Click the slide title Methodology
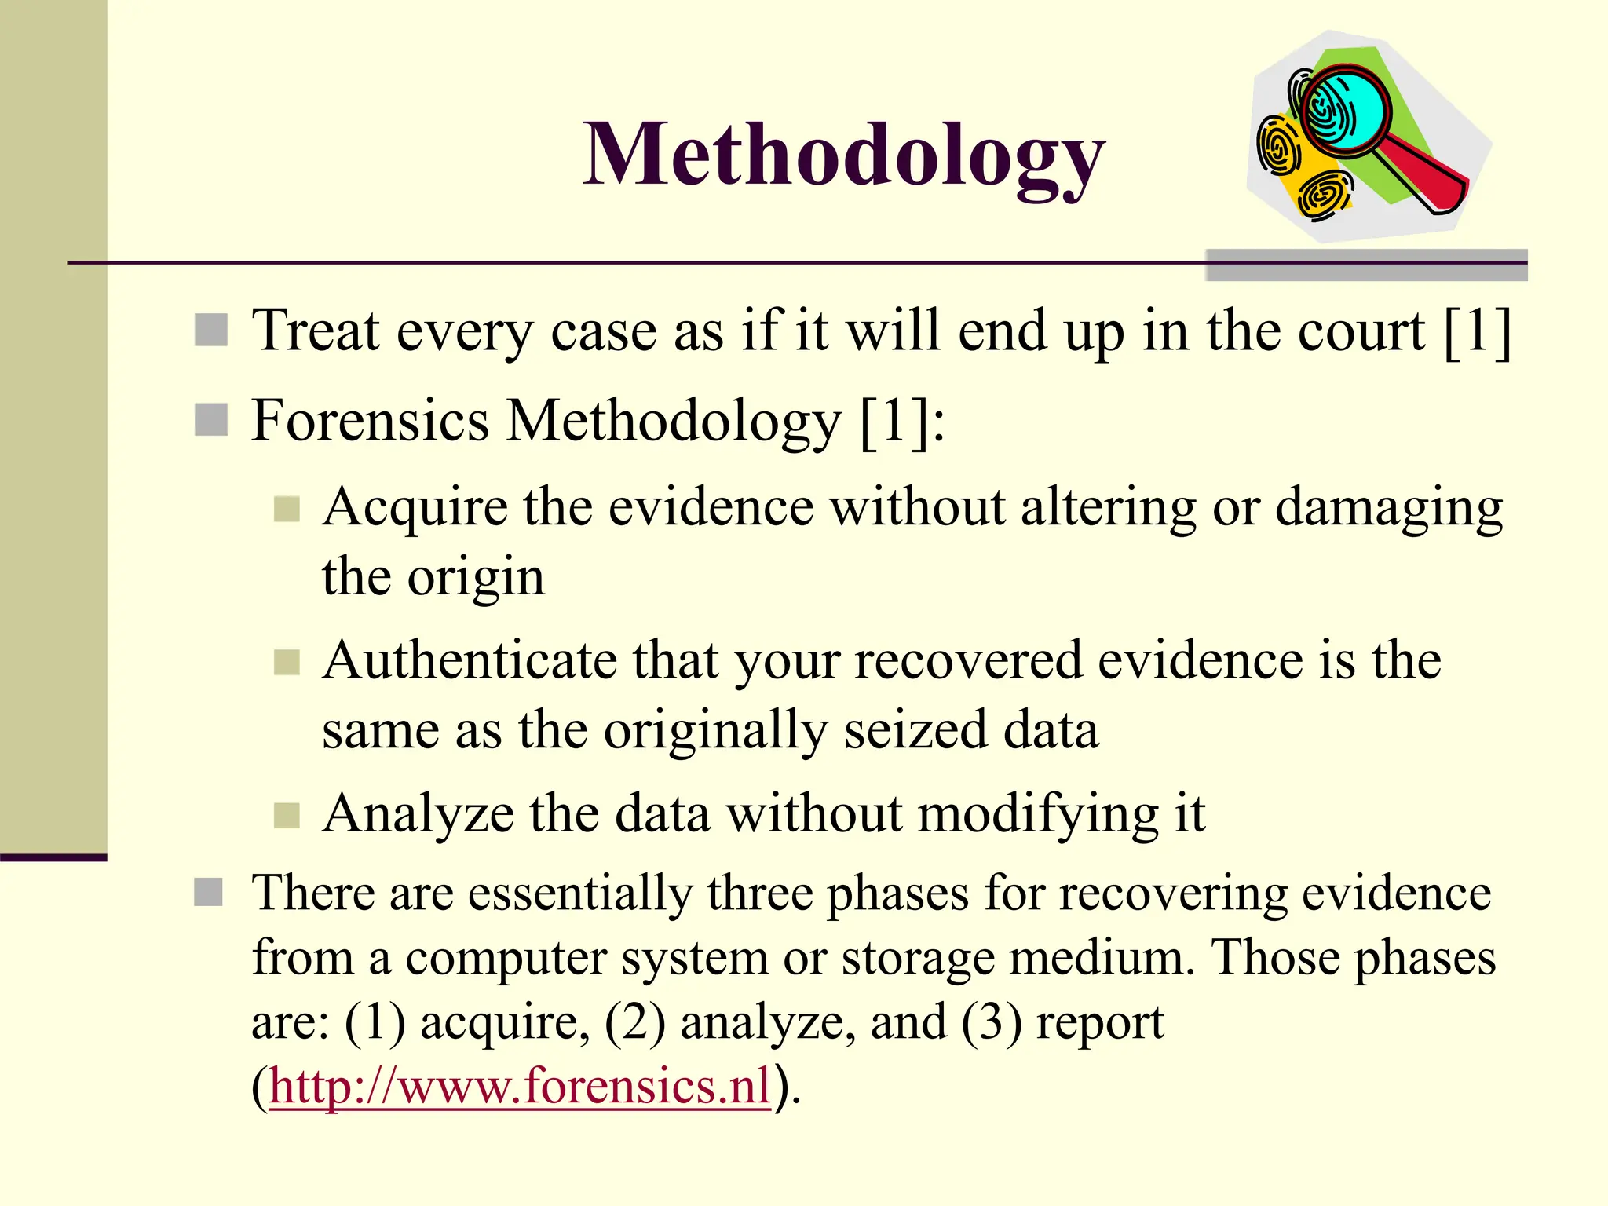click(843, 155)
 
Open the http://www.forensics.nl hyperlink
click(520, 1087)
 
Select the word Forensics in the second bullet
click(371, 421)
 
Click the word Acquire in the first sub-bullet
click(415, 509)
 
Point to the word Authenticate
click(470, 661)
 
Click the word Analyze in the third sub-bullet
click(418, 813)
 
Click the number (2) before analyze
click(634, 1023)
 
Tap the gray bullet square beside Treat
click(210, 331)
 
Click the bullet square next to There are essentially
click(209, 892)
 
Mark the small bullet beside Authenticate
click(287, 662)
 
